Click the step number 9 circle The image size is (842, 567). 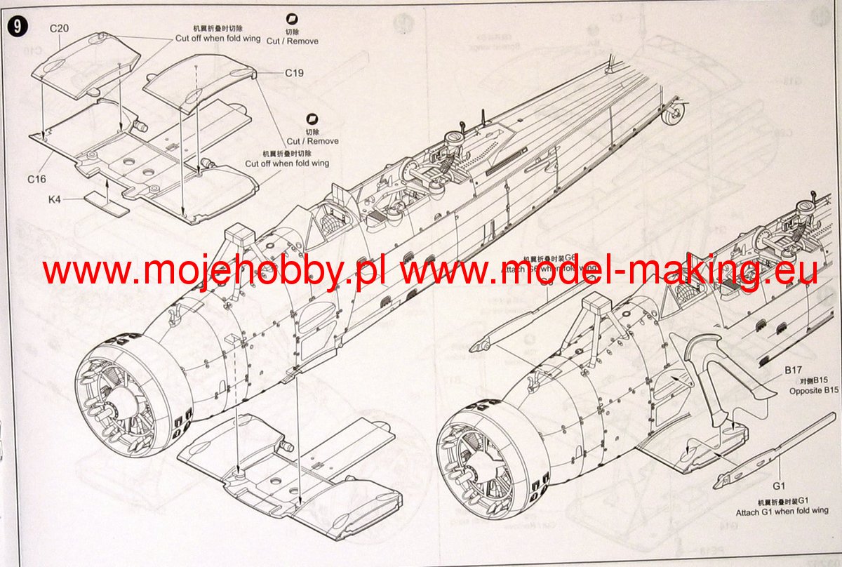[17, 26]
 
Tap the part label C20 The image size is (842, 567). [59, 28]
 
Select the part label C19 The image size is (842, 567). [294, 73]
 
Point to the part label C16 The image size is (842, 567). [37, 179]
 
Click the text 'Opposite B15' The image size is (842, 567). [814, 390]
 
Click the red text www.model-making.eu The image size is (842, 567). [608, 270]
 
